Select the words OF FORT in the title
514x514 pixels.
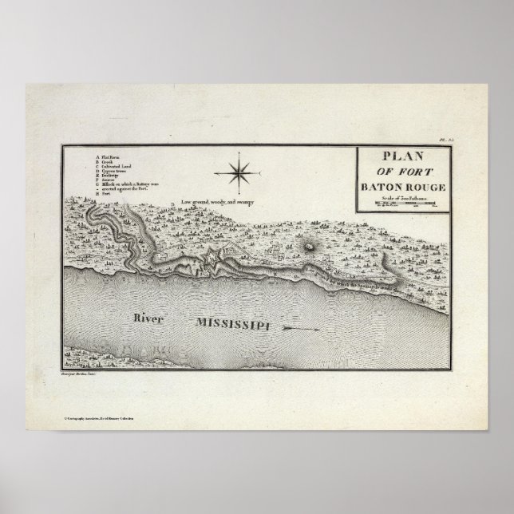pyautogui.click(x=401, y=172)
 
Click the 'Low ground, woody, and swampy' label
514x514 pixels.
pyautogui.click(x=216, y=203)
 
